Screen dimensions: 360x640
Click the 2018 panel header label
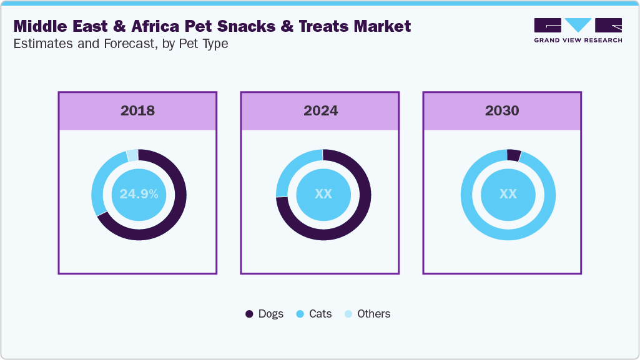(x=137, y=111)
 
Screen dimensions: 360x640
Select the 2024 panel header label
(x=320, y=111)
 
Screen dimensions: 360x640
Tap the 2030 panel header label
(x=502, y=111)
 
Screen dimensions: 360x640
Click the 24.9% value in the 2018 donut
(x=139, y=194)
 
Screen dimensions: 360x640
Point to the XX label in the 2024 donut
(x=323, y=194)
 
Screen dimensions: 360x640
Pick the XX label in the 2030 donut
(x=508, y=194)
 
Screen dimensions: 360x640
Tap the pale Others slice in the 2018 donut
(x=132, y=155)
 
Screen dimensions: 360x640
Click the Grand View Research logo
(x=578, y=30)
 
